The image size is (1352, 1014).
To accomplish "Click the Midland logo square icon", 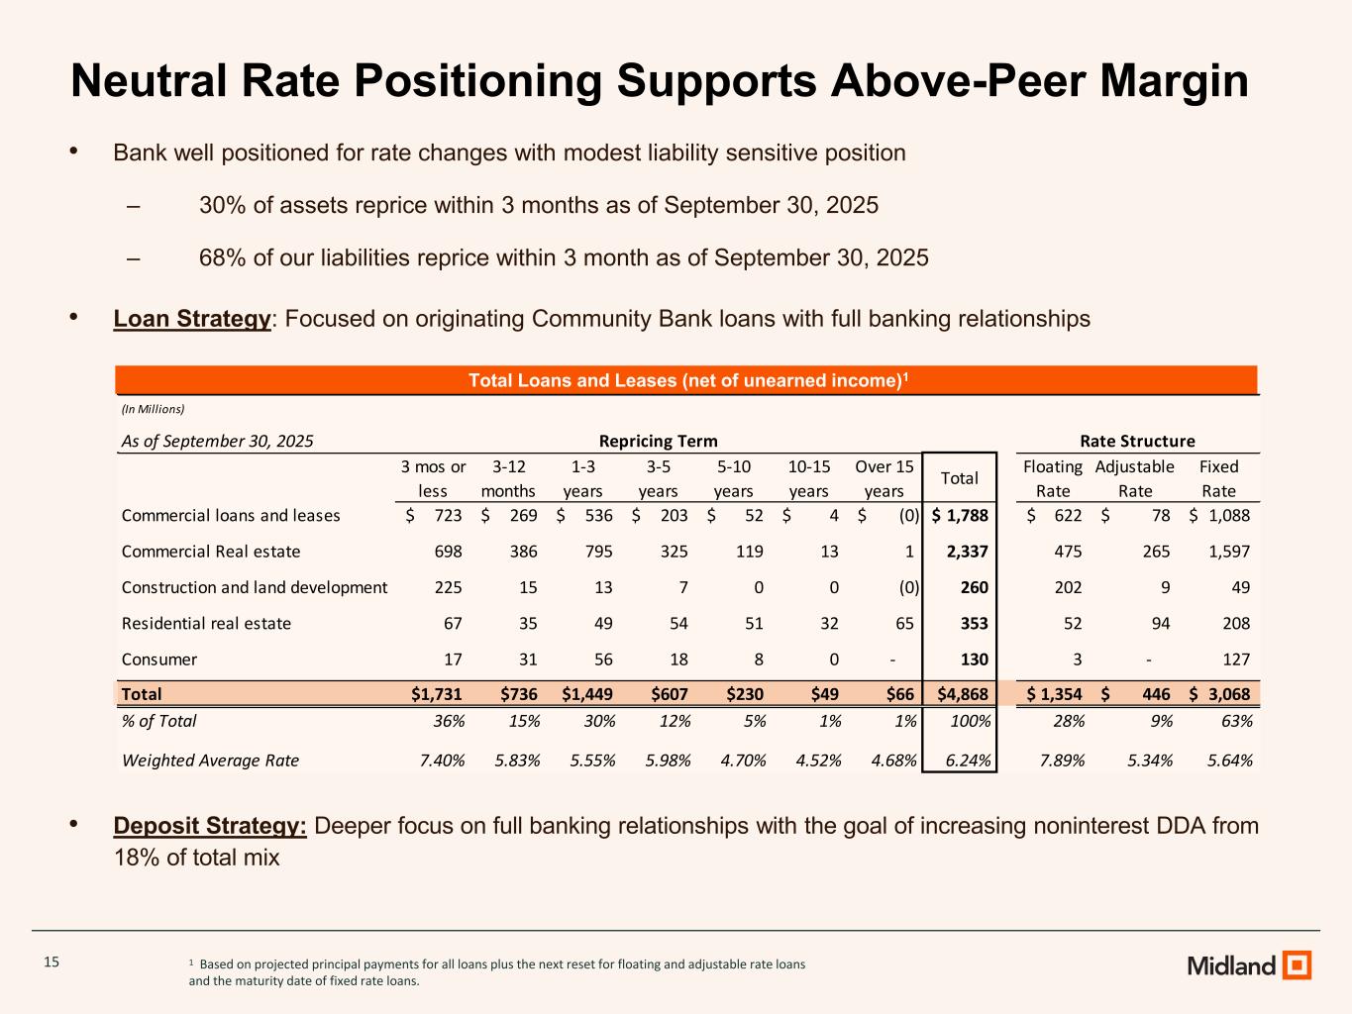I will pos(1297,964).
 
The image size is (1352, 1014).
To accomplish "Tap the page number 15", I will pos(52,962).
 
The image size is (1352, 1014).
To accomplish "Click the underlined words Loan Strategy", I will pos(192,319).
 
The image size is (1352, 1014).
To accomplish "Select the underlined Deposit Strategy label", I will pos(210,826).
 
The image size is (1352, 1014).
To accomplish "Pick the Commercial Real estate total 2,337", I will pos(967,552).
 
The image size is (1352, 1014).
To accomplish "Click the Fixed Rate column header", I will pos(1218,478).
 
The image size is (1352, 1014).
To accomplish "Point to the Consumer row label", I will pos(159,659).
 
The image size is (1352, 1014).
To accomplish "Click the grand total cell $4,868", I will pos(959,694).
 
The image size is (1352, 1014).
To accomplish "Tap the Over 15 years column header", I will pos(884,478).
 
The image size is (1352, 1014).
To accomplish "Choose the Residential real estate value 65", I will pos(900,624).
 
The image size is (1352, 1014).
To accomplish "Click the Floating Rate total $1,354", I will pos(1055,694).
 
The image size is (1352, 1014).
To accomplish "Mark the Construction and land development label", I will pos(255,587).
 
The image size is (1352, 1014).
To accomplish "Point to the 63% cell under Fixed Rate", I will pos(1237,721).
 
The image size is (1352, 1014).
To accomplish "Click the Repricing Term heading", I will pos(658,441).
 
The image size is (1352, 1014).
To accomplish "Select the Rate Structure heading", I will pos(1137,441).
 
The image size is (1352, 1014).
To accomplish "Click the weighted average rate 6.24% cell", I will pos(966,760).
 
